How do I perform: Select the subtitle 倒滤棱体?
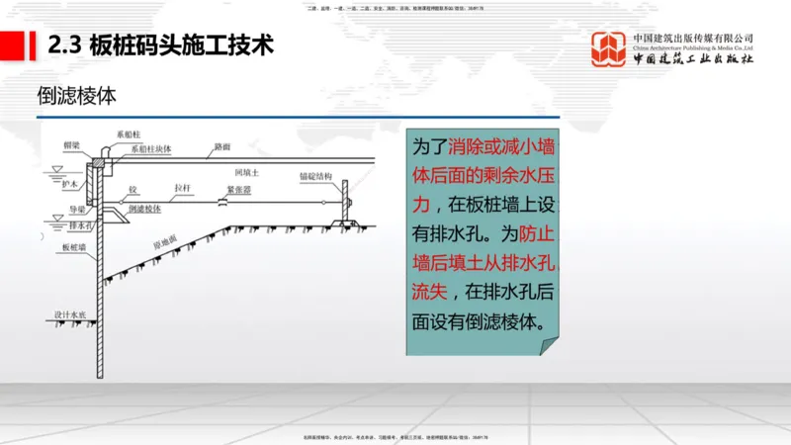[x=76, y=96]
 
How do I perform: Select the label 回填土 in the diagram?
[x=260, y=171]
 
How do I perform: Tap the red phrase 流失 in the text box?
[x=429, y=293]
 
